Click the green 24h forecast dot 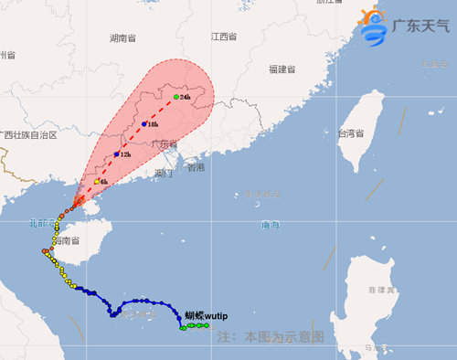click(x=176, y=96)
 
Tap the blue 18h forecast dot click(x=144, y=123)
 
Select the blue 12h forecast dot click(x=116, y=154)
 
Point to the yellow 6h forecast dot click(x=95, y=182)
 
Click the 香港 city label click(x=196, y=168)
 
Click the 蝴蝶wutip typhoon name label click(x=206, y=316)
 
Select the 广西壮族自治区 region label click(x=29, y=135)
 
